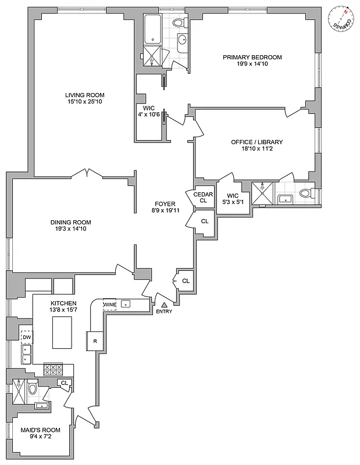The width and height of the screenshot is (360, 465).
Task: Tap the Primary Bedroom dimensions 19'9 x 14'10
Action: [x=252, y=64]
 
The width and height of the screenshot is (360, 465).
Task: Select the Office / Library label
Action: [x=256, y=142]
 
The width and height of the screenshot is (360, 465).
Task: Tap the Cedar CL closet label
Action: [x=203, y=197]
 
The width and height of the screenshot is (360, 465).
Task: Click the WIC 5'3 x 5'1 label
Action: [x=233, y=199]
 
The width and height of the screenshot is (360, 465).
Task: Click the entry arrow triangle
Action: [x=164, y=304]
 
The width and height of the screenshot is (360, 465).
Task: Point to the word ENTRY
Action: [x=164, y=312]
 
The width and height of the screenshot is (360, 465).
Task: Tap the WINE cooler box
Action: [x=109, y=304]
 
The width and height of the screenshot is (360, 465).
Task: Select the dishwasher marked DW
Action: [x=26, y=337]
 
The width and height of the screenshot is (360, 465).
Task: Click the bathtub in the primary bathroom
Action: [x=152, y=28]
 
